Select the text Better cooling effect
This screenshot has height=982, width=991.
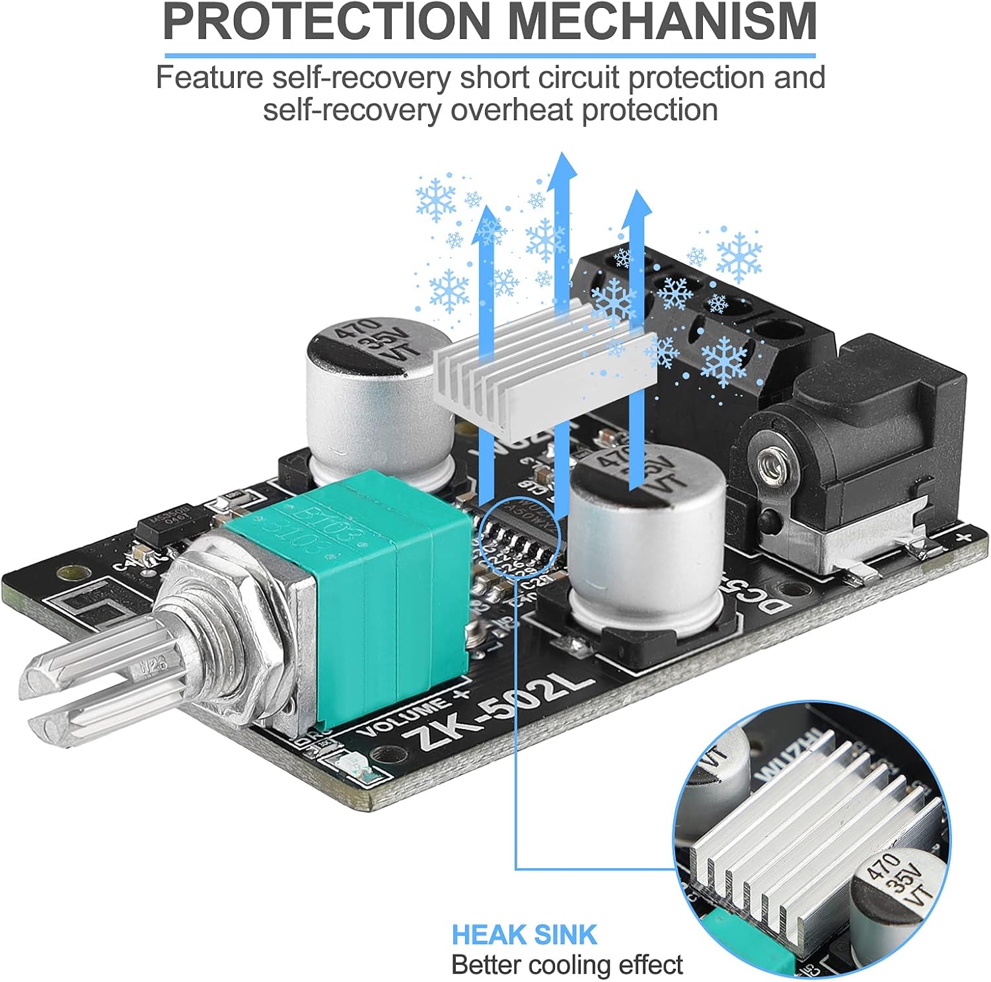click(567, 965)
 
